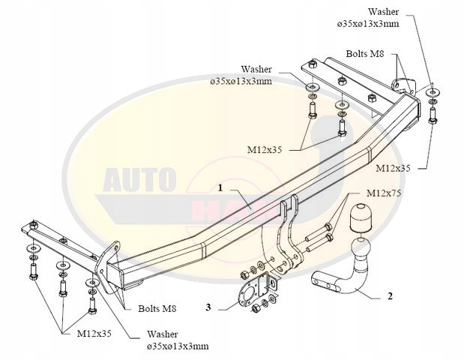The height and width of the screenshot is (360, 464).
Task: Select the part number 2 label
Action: [x=389, y=295]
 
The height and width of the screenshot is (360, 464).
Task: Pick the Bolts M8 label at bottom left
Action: [x=157, y=308]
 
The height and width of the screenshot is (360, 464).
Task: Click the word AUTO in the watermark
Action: [x=139, y=180]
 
